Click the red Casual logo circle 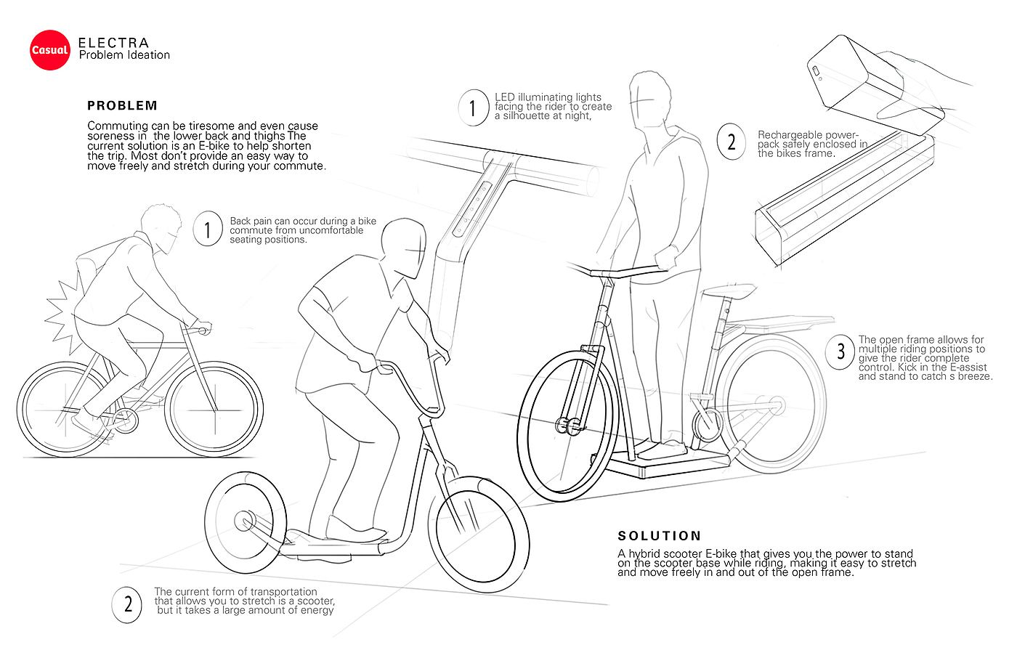49,50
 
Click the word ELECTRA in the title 113,43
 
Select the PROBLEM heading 122,105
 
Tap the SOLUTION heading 659,536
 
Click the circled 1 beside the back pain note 208,230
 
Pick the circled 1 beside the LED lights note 473,108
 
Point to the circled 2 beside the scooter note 128,604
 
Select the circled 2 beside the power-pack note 731,142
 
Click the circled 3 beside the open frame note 840,352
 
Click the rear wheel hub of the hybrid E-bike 777,404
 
